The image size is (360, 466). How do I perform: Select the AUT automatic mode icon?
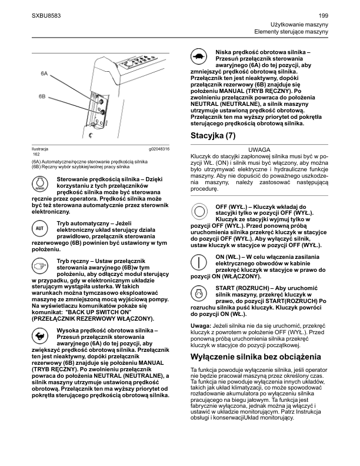tap(40, 227)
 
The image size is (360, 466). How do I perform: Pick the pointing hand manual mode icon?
tap(40, 266)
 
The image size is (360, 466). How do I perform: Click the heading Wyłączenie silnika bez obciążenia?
tap(256, 357)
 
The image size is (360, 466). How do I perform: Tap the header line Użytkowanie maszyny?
tap(299, 23)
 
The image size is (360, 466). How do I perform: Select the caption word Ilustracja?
tap(40, 149)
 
